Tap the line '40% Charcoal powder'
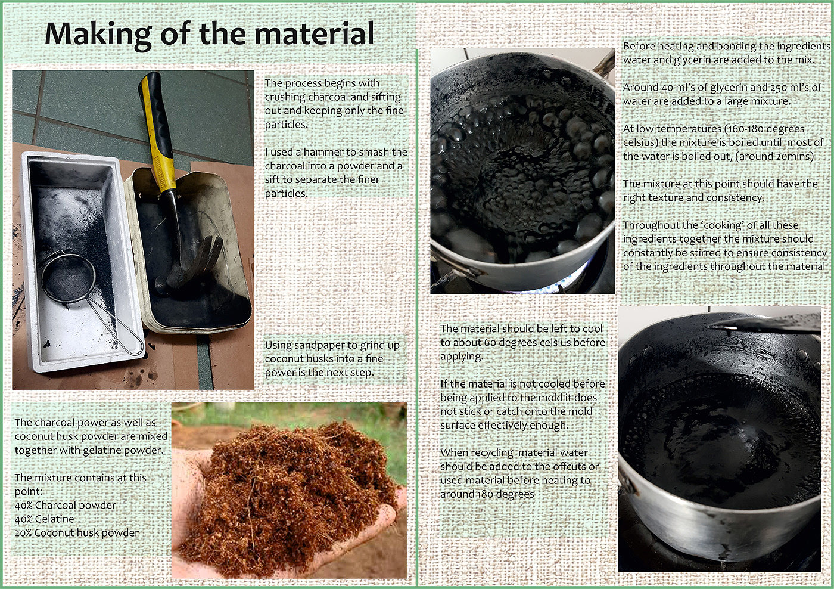coord(65,505)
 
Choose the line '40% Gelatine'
coord(44,519)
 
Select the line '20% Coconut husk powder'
coord(77,533)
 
